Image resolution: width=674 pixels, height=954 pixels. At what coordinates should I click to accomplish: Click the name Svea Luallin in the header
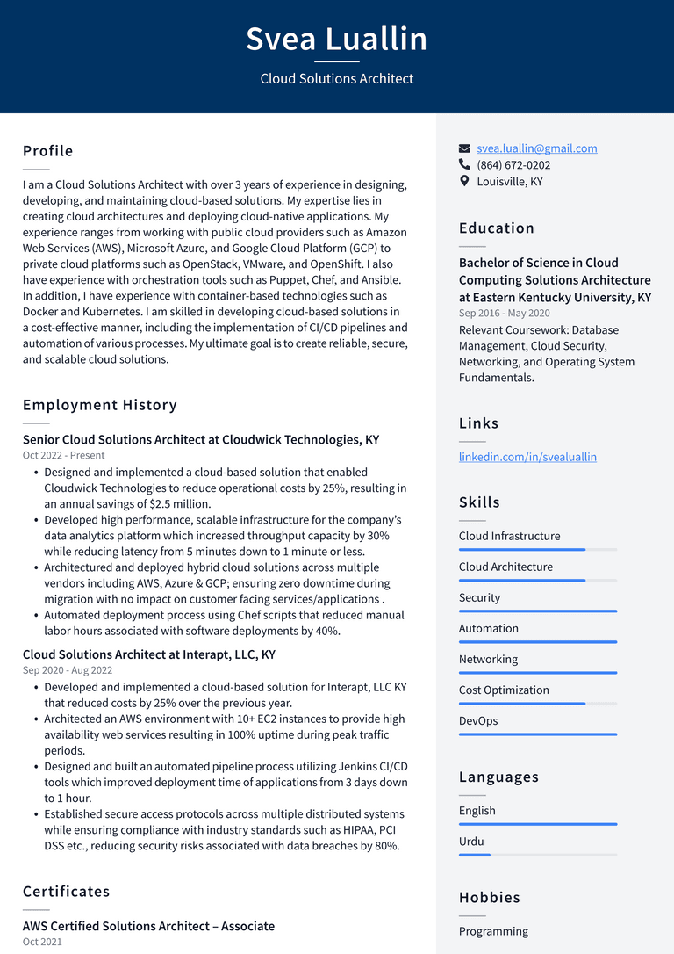336,40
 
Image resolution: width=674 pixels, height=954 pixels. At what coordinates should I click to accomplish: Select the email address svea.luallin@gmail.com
536,148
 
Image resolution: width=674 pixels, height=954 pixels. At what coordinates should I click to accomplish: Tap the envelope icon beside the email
464,148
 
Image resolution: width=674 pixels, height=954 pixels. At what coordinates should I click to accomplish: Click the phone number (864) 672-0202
513,165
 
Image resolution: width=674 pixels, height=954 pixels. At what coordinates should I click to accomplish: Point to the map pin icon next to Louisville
464,181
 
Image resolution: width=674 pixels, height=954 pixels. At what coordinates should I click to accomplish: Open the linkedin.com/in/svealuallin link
527,457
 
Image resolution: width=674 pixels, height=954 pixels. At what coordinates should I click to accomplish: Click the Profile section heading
47,151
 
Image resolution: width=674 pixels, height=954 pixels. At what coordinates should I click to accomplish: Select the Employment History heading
99,405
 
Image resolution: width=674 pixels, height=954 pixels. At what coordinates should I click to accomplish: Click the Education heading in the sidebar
496,228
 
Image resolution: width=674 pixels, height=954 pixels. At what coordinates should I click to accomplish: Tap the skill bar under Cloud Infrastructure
537,550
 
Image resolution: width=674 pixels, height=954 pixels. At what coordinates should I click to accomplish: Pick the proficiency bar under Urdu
537,855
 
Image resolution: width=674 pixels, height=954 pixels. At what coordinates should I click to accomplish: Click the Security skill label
479,597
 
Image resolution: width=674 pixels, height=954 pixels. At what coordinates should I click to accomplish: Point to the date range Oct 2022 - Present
63,455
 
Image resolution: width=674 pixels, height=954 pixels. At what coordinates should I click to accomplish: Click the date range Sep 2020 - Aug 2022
68,670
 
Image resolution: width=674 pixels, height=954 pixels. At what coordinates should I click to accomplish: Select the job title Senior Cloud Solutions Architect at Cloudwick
200,439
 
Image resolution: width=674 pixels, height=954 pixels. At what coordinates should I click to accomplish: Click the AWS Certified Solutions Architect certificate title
148,926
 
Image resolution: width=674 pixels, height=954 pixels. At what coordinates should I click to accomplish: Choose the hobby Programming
493,931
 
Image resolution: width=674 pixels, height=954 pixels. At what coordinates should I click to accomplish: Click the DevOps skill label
477,721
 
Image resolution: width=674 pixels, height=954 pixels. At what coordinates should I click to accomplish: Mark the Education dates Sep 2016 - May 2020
504,313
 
